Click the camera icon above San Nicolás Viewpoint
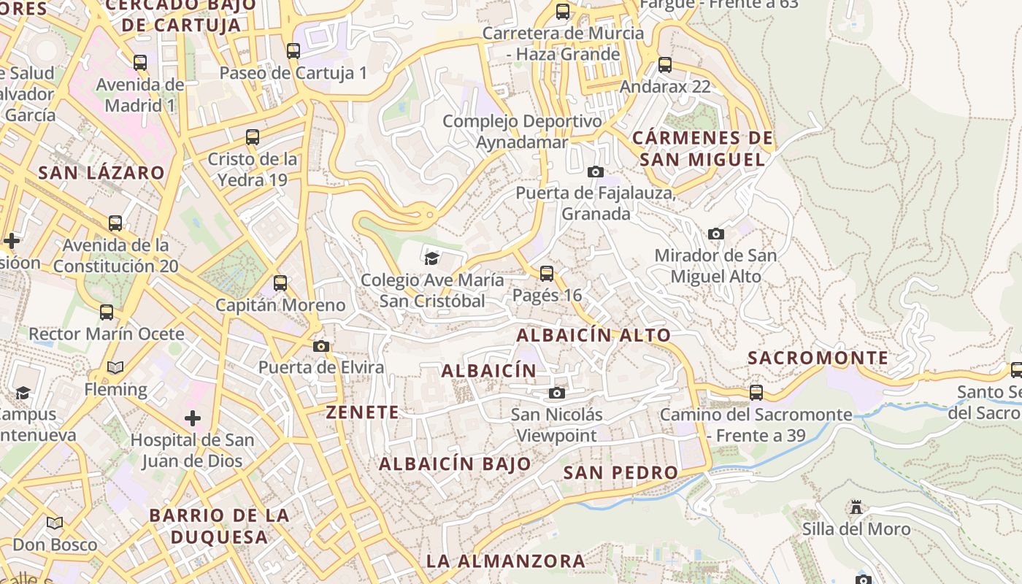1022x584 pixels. (x=557, y=393)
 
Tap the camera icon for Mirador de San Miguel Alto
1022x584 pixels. (x=716, y=234)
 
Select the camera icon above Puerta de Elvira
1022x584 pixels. (x=321, y=346)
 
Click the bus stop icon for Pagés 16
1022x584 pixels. (x=547, y=274)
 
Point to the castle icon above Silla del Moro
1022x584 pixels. (x=856, y=507)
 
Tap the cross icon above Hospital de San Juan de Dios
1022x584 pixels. (x=193, y=418)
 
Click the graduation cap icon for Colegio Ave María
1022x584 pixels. (x=432, y=258)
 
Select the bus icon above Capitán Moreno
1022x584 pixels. (x=280, y=283)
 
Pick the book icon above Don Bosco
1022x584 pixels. (x=55, y=523)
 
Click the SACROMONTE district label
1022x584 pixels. (x=818, y=358)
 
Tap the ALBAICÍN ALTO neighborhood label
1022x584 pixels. (x=593, y=335)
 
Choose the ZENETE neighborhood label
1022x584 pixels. (x=363, y=412)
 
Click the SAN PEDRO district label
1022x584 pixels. (x=621, y=472)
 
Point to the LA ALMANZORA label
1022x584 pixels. (x=506, y=561)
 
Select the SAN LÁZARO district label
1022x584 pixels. (x=101, y=173)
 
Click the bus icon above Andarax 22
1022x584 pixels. (x=665, y=65)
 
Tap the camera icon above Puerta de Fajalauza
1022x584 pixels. (x=596, y=172)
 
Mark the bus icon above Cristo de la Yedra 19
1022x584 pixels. (x=253, y=137)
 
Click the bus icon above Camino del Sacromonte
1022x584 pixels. (x=756, y=393)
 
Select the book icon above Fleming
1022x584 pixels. (x=115, y=367)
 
